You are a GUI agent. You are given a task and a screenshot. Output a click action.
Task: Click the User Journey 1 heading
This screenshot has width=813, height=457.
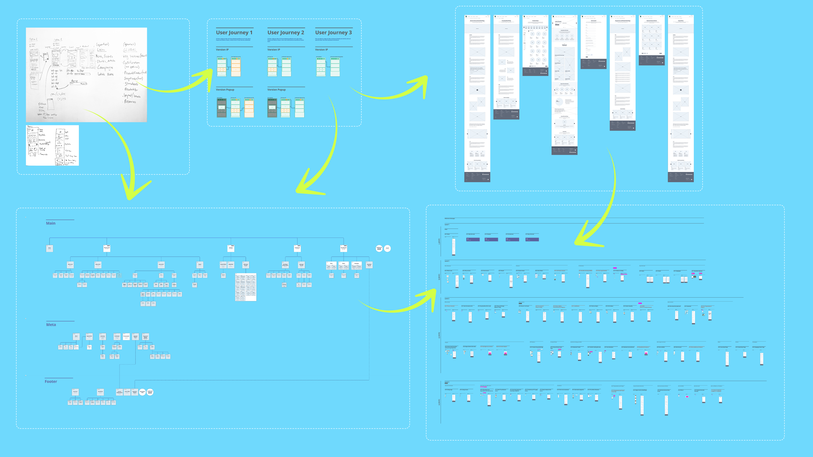234,33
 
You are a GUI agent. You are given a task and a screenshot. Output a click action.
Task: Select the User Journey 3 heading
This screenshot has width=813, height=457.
333,33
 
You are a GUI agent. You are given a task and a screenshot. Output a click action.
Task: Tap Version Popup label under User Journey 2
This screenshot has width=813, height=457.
277,89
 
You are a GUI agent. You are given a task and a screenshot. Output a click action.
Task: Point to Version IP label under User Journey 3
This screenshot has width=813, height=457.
321,50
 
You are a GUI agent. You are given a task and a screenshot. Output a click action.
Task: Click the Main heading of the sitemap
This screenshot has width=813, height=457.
51,223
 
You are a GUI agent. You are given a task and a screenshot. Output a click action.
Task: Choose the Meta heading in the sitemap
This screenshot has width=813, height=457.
51,325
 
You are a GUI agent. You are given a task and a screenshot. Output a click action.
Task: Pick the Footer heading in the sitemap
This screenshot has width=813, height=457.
51,381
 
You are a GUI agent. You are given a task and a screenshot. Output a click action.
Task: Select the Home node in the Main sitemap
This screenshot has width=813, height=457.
50,248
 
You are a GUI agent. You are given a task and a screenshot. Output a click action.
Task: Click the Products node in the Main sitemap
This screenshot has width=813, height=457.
231,248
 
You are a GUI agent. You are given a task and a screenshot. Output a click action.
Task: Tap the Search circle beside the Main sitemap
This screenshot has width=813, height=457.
387,248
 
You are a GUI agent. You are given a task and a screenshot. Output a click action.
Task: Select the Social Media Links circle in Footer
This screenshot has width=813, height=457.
142,392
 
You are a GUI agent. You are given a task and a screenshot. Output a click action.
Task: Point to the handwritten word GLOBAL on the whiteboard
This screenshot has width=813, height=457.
130,50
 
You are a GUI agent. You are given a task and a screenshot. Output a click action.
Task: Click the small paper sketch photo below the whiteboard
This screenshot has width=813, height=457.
52,145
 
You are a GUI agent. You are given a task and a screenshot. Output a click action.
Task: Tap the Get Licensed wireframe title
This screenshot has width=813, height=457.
593,21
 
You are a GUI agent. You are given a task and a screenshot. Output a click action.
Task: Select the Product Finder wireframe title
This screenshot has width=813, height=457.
535,21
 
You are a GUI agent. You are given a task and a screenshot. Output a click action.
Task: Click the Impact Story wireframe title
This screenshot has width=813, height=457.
680,21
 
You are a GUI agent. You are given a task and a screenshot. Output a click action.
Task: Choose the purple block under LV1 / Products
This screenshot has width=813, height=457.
491,239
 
